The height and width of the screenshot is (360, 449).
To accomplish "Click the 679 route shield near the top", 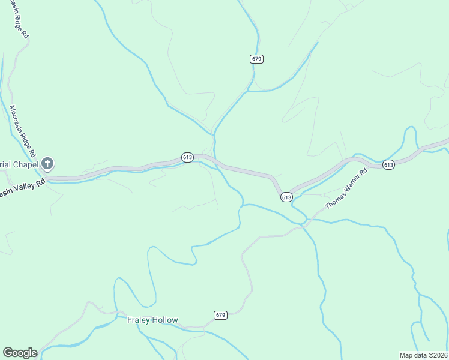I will point(257,59).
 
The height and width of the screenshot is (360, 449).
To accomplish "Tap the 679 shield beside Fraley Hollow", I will point(220,315).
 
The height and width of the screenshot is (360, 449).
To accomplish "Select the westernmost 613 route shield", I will point(187,157).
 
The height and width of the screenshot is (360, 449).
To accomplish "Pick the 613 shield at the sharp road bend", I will point(286,197).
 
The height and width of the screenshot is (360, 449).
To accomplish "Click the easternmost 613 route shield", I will point(388,164).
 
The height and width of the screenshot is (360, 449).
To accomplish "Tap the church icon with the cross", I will point(48,163).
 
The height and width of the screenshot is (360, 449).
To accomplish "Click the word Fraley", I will point(137,320).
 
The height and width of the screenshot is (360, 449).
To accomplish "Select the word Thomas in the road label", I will point(335,200).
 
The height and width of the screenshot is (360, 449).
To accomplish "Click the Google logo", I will point(20,353).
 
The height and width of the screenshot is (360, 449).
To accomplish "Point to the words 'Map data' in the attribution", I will point(414,355).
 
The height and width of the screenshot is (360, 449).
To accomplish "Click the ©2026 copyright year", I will point(438,355).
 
